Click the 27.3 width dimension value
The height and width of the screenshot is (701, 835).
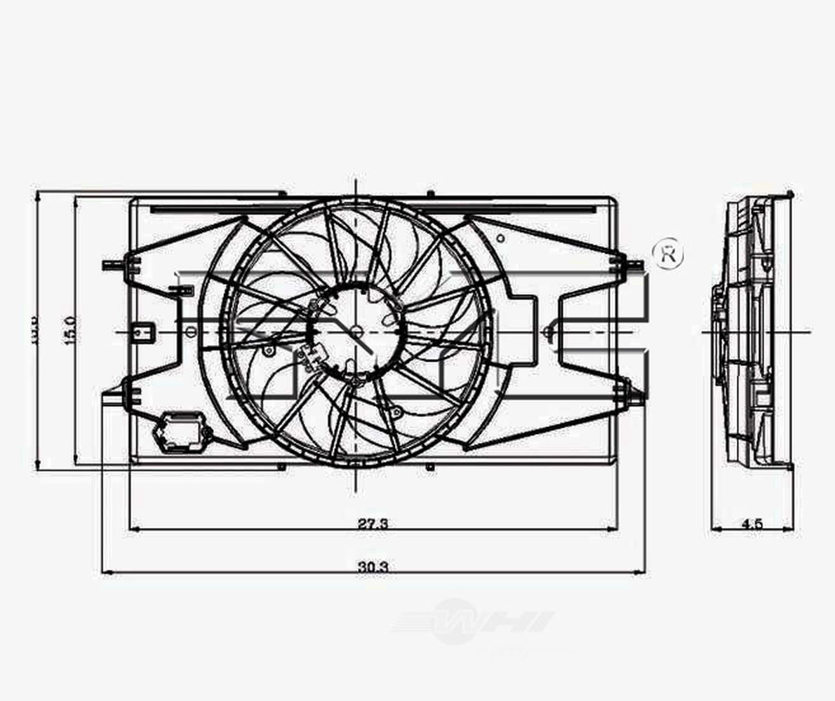point(373,523)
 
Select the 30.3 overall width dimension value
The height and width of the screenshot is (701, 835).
point(373,566)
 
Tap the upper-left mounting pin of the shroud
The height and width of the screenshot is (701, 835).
point(112,264)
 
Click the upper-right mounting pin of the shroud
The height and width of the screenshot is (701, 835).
point(634,264)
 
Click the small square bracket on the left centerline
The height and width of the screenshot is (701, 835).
point(144,330)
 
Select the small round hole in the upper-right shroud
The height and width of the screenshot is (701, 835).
point(500,238)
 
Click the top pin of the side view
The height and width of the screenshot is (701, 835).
point(790,194)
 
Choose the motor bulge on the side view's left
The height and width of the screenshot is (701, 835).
point(717,308)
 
